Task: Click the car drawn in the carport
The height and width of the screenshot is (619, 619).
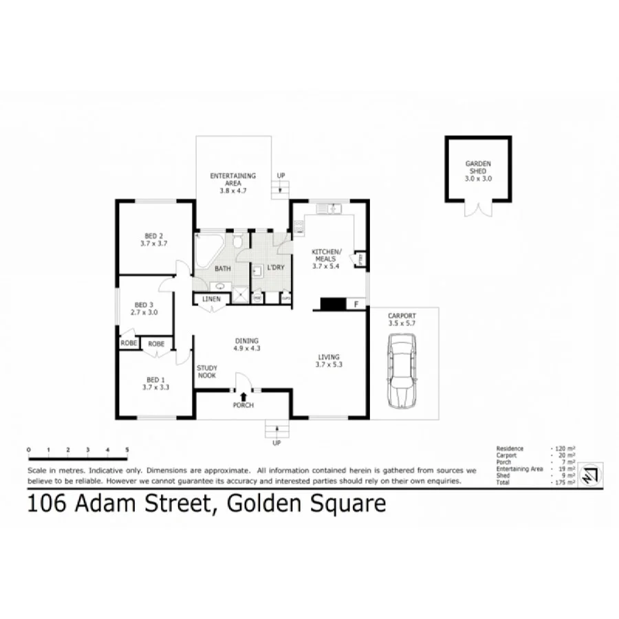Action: pyautogui.click(x=402, y=371)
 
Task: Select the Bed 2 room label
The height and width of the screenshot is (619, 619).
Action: pyautogui.click(x=154, y=239)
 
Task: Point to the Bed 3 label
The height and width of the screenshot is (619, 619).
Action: pyautogui.click(x=144, y=307)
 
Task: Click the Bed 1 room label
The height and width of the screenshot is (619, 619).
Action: pyautogui.click(x=155, y=383)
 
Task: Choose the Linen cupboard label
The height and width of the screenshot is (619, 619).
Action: pyautogui.click(x=211, y=299)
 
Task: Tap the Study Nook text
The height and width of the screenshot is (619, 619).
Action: pyautogui.click(x=207, y=372)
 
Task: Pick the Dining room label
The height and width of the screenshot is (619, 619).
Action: pyautogui.click(x=246, y=344)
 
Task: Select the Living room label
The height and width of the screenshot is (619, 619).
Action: pyautogui.click(x=329, y=360)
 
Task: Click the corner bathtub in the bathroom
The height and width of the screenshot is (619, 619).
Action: pyautogui.click(x=207, y=250)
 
